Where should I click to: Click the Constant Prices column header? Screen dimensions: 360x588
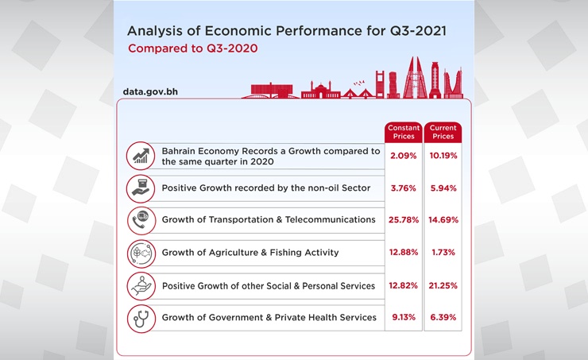coord(404,132)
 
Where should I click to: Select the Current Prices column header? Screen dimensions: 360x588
coord(443,132)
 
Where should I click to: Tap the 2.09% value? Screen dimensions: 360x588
coord(404,156)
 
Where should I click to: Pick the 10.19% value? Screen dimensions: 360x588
coord(443,156)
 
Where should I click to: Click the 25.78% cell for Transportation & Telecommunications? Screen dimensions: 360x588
coord(404,219)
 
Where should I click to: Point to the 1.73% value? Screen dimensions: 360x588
coord(443,252)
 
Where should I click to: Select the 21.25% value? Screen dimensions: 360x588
coord(443,285)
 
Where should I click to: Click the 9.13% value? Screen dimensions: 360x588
coord(404,317)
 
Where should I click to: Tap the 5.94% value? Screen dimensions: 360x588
coord(443,188)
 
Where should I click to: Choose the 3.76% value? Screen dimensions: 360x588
coord(404,188)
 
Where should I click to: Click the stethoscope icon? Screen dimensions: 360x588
coord(141,318)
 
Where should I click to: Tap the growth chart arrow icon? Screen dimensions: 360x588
coord(141,156)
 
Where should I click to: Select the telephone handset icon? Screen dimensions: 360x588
coord(141,220)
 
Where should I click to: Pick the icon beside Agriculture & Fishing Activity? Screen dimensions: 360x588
coord(141,253)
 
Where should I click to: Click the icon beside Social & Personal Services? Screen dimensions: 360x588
coord(141,285)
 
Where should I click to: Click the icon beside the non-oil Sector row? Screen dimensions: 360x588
coord(141,188)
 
